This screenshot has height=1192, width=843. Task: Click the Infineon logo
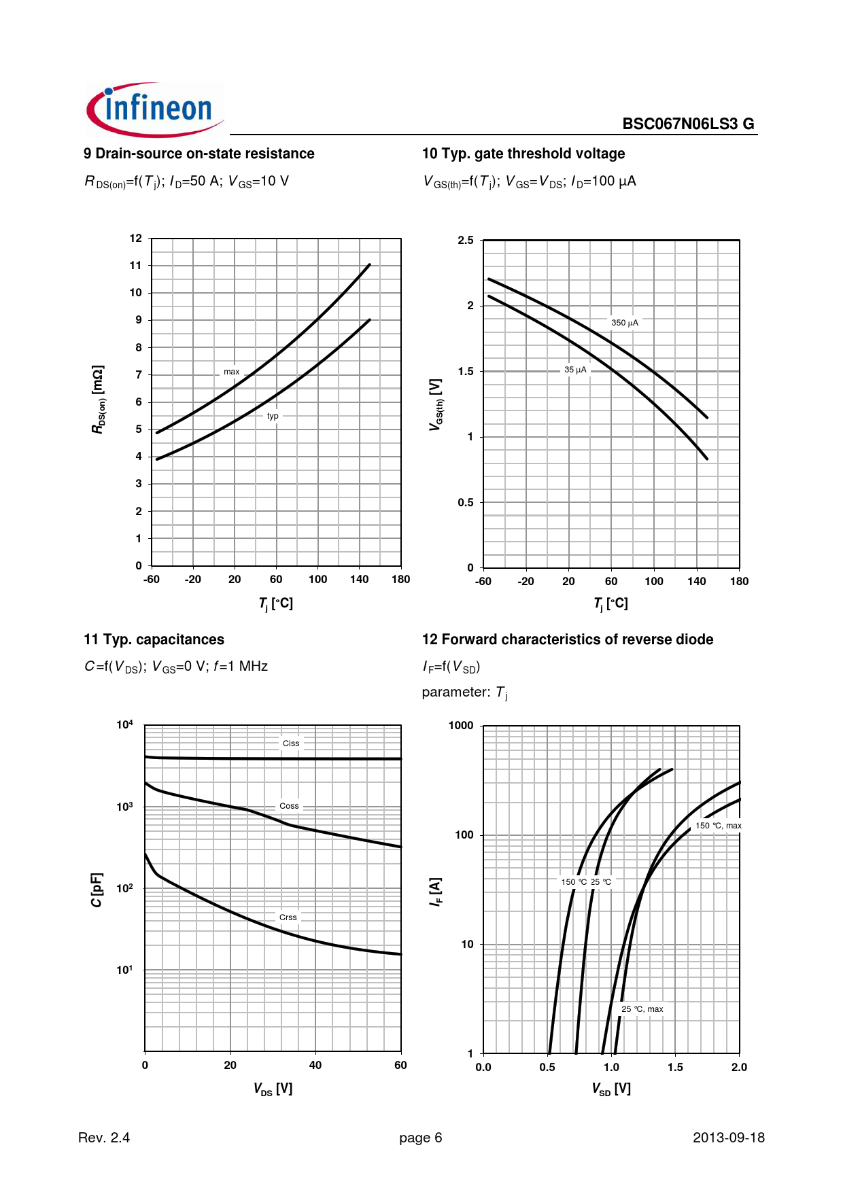tap(155, 109)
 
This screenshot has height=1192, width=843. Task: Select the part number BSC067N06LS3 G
tap(688, 124)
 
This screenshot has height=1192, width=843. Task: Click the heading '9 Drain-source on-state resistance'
tap(199, 154)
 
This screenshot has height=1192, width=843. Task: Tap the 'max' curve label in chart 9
tap(231, 372)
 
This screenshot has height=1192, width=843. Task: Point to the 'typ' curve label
tap(273, 416)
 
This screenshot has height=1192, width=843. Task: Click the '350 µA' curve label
tap(624, 323)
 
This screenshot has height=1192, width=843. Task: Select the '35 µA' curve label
tap(575, 370)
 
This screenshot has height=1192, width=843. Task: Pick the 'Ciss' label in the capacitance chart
tap(291, 743)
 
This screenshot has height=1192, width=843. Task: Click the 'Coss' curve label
tap(289, 806)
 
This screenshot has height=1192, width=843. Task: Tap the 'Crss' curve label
tap(288, 917)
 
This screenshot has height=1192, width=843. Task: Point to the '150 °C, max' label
tap(718, 826)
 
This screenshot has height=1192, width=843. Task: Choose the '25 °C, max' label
tap(642, 1009)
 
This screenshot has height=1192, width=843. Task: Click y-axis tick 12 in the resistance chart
tap(136, 239)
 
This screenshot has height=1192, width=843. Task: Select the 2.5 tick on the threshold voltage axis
tap(466, 241)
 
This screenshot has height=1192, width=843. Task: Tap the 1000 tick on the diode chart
tap(461, 726)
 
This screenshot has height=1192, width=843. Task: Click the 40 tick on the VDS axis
tap(315, 1065)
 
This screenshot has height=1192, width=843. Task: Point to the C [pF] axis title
tap(97, 890)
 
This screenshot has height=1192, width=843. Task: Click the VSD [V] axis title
tap(611, 1089)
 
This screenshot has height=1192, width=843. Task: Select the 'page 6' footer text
tap(420, 1138)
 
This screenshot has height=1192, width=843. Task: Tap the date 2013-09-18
tap(728, 1138)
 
